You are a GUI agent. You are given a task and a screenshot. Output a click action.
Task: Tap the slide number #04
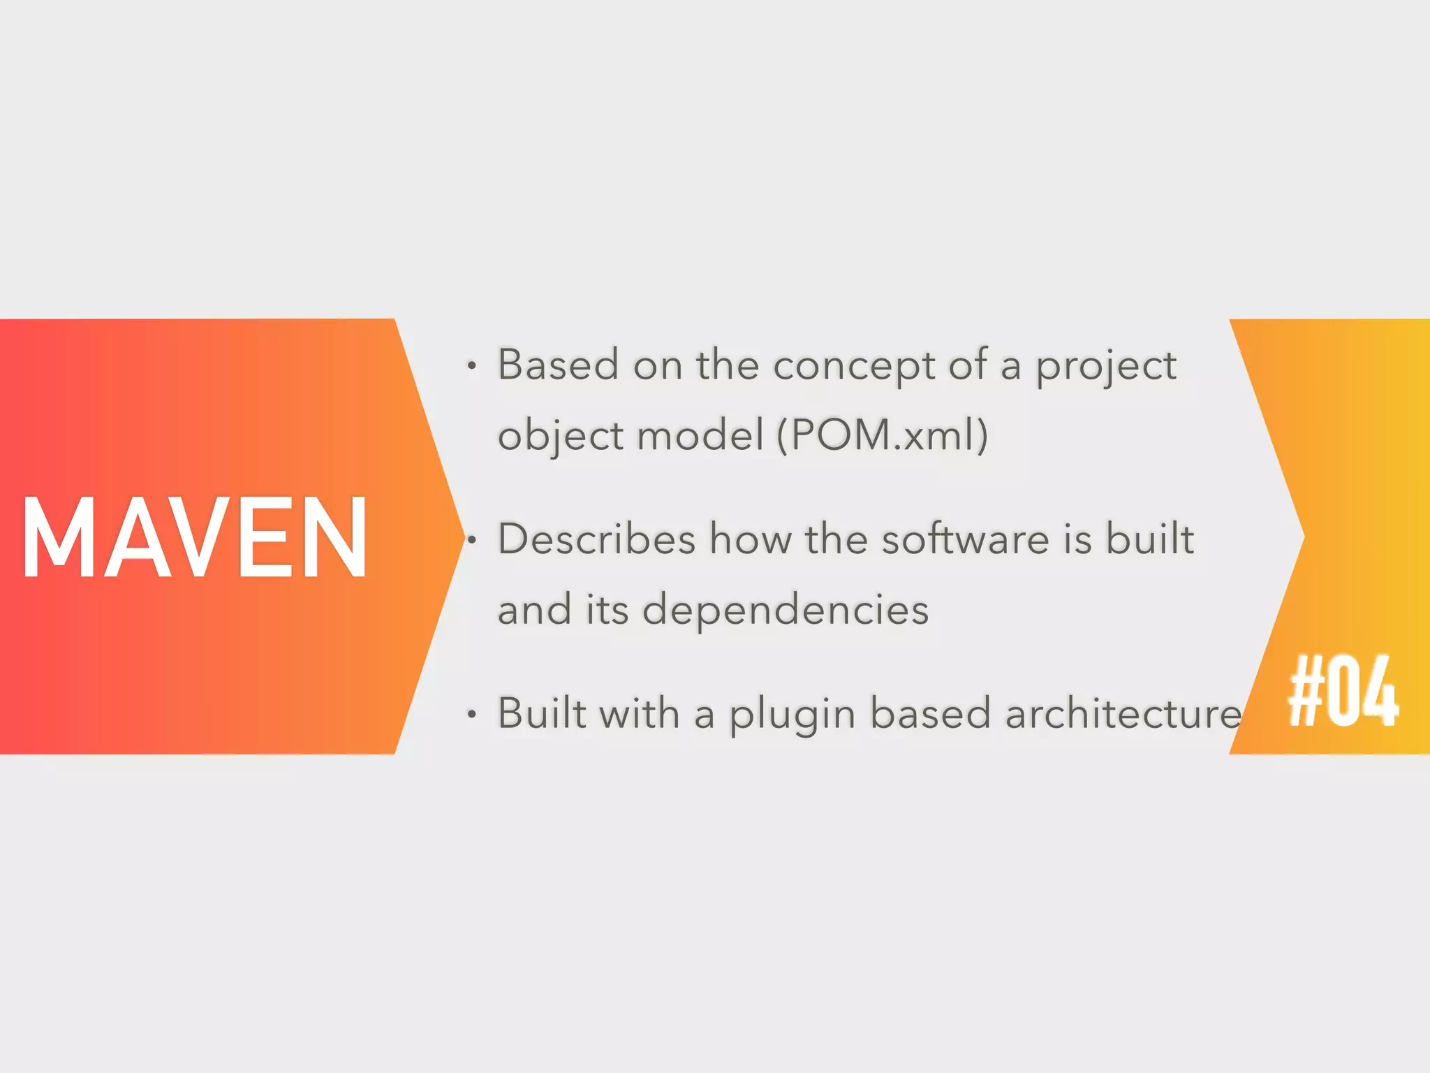[x=1343, y=692]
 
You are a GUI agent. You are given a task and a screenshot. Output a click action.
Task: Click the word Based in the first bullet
[x=558, y=365]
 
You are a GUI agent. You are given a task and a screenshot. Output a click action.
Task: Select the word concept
[x=854, y=366]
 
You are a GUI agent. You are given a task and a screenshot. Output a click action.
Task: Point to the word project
[x=1106, y=366]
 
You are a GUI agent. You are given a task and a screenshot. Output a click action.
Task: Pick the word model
[x=700, y=435]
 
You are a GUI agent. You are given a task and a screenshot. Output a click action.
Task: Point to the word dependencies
[x=786, y=610]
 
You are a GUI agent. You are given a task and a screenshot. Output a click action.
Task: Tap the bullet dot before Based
[x=472, y=366]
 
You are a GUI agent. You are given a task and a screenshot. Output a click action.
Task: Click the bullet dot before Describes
[x=472, y=540]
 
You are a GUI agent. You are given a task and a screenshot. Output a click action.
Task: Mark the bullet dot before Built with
[x=472, y=715]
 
